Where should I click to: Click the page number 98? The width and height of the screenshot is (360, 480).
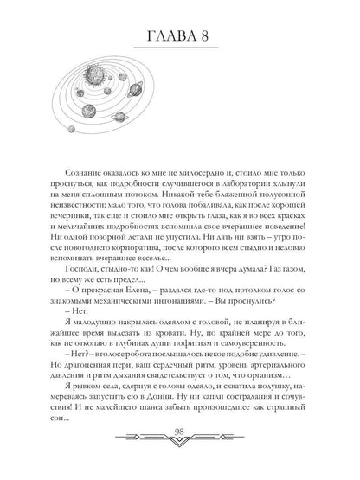(180, 458)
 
